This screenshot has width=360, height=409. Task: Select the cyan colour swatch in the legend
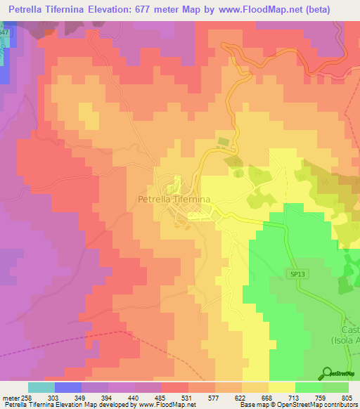tap(41, 387)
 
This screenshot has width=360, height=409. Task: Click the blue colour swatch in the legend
tap(68, 387)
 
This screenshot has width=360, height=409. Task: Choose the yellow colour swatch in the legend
tap(281, 387)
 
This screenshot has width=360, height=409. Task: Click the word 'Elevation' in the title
tap(115, 9)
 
